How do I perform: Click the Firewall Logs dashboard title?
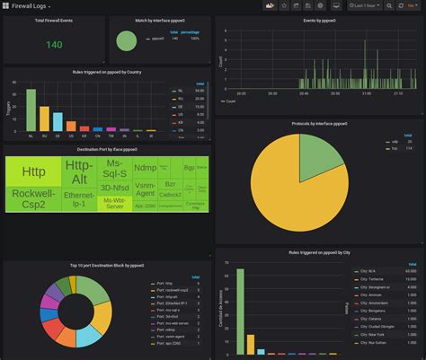pyautogui.click(x=30, y=5)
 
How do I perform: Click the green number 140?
pyautogui.click(x=54, y=44)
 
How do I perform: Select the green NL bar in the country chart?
pyautogui.click(x=31, y=110)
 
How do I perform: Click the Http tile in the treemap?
pyautogui.click(x=33, y=171)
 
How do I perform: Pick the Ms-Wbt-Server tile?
pyautogui.click(x=114, y=204)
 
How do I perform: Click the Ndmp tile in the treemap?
pyautogui.click(x=144, y=167)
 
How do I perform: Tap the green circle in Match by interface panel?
pyautogui.click(x=127, y=40)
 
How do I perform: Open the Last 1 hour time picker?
pyautogui.click(x=369, y=5)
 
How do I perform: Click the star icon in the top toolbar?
pyautogui.click(x=284, y=5)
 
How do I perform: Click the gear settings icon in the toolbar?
pyautogui.click(x=320, y=5)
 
